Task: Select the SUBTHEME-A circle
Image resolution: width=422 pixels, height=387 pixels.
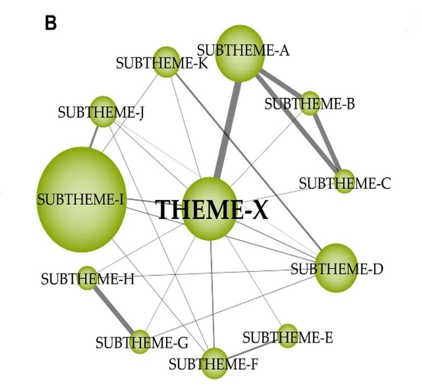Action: (x=239, y=53)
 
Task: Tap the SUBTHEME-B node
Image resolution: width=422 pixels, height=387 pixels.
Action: (x=310, y=103)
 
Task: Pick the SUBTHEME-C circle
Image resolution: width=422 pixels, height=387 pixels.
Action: (x=344, y=181)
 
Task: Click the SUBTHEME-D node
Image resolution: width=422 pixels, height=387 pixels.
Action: (x=336, y=268)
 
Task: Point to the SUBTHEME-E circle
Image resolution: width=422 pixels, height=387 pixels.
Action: (x=288, y=336)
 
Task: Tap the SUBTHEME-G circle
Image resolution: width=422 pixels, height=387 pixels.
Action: (x=140, y=341)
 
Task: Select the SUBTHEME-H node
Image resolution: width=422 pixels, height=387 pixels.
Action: (x=87, y=278)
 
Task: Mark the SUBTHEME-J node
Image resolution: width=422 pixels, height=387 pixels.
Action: (x=103, y=111)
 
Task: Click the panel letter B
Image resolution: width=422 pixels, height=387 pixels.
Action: (x=51, y=24)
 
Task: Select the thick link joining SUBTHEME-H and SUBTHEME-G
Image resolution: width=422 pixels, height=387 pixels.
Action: (x=114, y=310)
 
